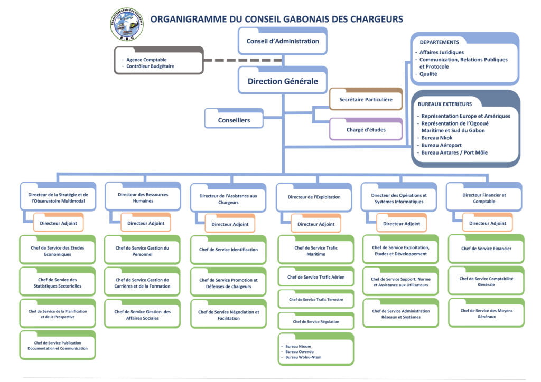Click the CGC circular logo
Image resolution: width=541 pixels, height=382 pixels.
coord(126,24)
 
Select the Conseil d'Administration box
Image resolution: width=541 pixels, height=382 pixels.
coord(283,41)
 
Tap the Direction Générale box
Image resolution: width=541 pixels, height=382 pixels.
coord(283,81)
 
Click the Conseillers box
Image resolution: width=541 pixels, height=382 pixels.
coord(234,120)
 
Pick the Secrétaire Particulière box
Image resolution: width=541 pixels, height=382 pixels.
coord(366,99)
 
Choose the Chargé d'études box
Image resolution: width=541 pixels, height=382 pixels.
coord(366,129)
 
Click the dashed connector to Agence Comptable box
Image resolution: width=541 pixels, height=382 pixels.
coord(243,60)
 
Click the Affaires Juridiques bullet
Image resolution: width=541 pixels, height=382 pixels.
coord(442,52)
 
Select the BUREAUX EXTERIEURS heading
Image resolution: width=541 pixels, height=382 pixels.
coord(445,104)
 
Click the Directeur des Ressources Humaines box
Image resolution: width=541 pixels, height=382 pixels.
coord(143,197)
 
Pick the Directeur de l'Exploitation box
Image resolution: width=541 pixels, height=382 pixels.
coord(314,197)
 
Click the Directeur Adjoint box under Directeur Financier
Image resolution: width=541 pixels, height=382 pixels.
coord(487,223)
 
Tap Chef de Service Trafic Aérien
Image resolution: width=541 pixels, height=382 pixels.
coord(315,277)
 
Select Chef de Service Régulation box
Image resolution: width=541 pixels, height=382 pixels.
coord(315,321)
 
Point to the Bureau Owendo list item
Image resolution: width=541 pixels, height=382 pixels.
coord(300,351)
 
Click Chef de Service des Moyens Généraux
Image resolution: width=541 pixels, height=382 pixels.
coord(486,313)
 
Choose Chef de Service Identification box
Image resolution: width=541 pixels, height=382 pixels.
coord(228,250)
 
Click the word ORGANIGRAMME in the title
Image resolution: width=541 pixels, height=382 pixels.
coord(189,19)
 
